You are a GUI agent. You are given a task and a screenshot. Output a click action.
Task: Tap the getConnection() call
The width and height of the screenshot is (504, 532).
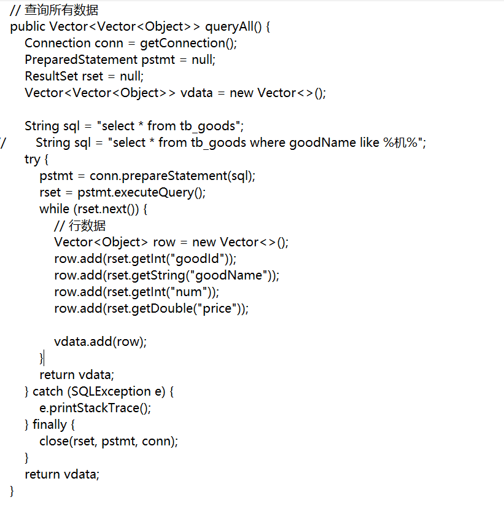[188, 43]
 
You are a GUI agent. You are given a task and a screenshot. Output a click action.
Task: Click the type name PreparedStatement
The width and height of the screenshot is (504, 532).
[80, 60]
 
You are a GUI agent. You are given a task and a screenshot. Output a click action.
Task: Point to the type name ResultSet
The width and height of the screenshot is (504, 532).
[52, 76]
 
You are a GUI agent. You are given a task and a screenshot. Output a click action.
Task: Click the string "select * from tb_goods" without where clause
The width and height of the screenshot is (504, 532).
[169, 126]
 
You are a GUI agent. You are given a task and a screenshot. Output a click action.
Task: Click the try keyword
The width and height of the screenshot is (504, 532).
[32, 159]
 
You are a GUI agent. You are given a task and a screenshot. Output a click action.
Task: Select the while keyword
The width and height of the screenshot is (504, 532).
[54, 209]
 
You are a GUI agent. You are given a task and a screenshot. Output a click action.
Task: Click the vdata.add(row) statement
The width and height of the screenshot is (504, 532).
[101, 342]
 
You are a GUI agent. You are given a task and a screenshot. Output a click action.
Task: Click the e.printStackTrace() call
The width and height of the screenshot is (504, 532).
[95, 408]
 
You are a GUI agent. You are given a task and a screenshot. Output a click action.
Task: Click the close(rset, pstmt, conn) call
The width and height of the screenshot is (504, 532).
[109, 441]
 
